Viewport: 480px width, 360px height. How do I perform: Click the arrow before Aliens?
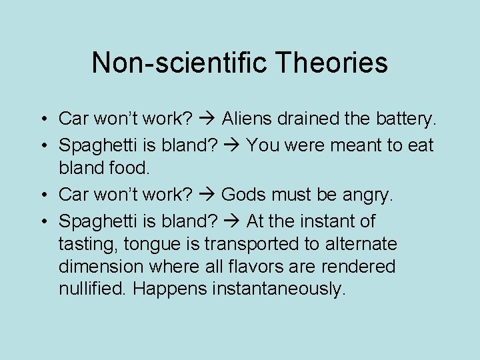pyautogui.click(x=207, y=119)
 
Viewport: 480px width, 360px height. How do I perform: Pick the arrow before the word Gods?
pyautogui.click(x=207, y=195)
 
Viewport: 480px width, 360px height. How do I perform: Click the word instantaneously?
pyautogui.click(x=279, y=290)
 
